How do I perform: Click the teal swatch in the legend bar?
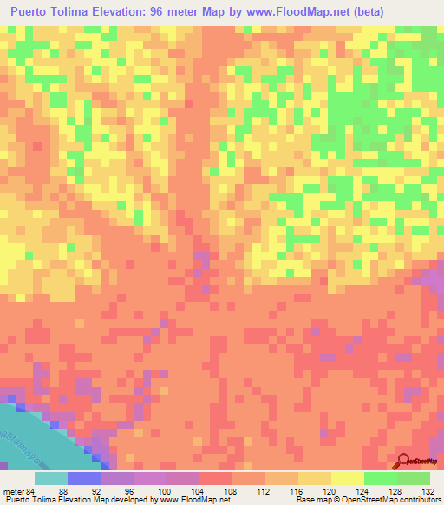(x=51, y=478)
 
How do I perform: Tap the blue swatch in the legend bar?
(x=84, y=478)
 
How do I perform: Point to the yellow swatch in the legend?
(x=348, y=478)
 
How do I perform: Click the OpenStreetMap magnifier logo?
(x=404, y=461)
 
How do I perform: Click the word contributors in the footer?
(x=417, y=500)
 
